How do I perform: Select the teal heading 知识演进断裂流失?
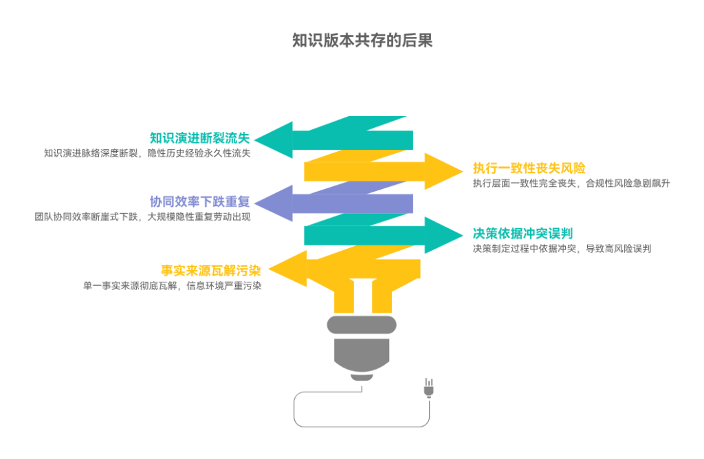[x=200, y=138]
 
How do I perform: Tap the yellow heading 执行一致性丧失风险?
[x=529, y=168]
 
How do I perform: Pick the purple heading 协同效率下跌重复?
[x=200, y=202]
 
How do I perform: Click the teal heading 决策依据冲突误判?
[x=522, y=233]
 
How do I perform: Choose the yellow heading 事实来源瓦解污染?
[x=211, y=270]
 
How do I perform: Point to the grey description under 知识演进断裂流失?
[x=147, y=153]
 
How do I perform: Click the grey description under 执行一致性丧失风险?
[x=571, y=183]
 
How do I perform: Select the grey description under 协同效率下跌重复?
[x=143, y=216]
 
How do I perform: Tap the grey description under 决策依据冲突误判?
[x=561, y=248]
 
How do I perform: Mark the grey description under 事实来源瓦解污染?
[x=172, y=285]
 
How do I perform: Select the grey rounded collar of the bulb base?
[x=362, y=325]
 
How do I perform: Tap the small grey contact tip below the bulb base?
[x=362, y=377]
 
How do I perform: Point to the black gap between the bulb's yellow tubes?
[x=362, y=295]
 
